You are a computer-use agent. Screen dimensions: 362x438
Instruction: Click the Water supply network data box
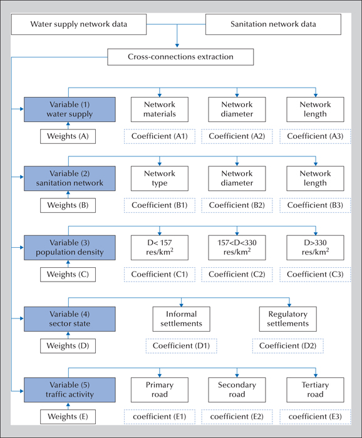pos(78,24)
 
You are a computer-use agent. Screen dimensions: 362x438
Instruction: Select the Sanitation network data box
pos(273,24)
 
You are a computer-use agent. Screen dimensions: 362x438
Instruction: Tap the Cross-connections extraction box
pos(180,57)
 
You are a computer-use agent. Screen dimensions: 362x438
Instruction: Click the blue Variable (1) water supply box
pos(70,109)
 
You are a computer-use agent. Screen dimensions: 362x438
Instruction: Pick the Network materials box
pos(160,109)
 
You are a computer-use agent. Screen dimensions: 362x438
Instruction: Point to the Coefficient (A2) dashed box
pos(237,136)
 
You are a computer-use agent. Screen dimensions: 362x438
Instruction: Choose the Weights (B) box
pos(68,205)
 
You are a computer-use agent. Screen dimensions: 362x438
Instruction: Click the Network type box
pos(160,178)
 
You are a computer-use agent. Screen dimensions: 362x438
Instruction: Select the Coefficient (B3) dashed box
pos(315,205)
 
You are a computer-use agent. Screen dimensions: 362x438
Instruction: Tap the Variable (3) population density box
pos(70,248)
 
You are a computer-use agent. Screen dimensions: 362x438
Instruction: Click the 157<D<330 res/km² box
pos(237,248)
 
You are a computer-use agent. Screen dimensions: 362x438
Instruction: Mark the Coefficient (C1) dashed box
pos(160,274)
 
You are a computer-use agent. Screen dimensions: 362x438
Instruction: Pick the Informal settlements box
pos(182,319)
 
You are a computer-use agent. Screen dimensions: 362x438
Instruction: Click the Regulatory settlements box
pos(288,319)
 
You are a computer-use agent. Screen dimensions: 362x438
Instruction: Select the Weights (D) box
pos(68,346)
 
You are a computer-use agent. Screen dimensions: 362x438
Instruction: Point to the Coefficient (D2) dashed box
pos(288,346)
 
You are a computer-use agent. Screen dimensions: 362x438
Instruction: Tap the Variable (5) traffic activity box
pos(70,390)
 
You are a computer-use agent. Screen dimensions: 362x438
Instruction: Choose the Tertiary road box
pos(315,390)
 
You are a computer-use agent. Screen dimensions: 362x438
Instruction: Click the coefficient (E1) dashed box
pos(160,417)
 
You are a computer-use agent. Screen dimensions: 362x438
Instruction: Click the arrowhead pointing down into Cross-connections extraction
pos(177,45)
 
